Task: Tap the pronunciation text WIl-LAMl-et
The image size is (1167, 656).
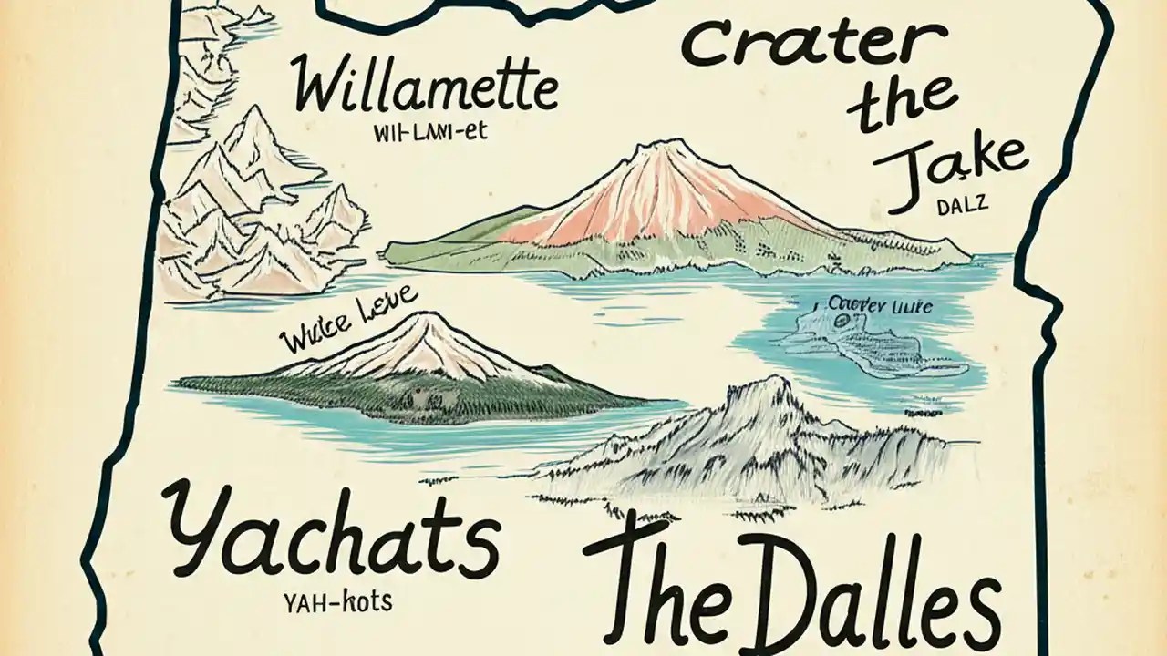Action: pos(431,133)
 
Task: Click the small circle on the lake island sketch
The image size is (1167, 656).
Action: pos(840,320)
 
